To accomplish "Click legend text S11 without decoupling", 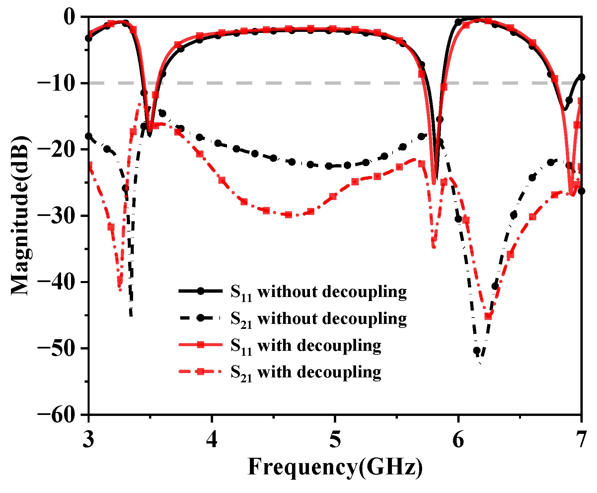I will pos(319,292).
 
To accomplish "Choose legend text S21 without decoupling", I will pos(319,319).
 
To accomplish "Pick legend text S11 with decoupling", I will pos(306,346).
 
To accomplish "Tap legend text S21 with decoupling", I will pos(306,373).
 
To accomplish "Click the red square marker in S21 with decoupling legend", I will pos(200,372).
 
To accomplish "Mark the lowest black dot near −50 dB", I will pos(477,350).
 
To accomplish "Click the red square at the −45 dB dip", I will pos(488,316).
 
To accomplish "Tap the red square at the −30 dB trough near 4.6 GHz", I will pos(288,215).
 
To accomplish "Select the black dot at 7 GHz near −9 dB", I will pos(581,77).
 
